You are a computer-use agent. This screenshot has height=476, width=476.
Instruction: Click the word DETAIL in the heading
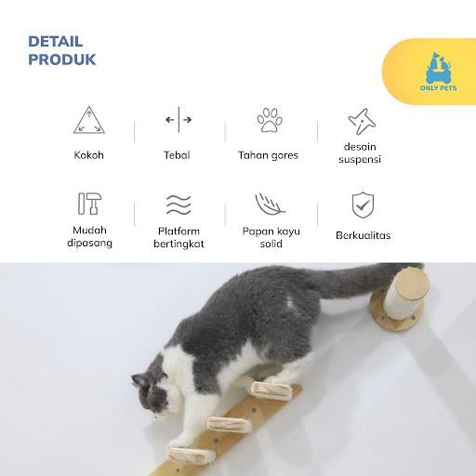pyautogui.click(x=56, y=42)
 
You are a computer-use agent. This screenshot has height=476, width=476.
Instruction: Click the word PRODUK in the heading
pyautogui.click(x=62, y=59)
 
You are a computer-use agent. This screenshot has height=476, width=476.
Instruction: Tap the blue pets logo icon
pyautogui.click(x=439, y=68)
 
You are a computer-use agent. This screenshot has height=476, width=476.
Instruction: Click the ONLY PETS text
pyautogui.click(x=439, y=88)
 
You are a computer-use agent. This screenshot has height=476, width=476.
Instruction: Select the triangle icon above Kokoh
pyautogui.click(x=89, y=120)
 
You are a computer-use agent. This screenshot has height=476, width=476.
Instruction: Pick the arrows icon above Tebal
pyautogui.click(x=178, y=120)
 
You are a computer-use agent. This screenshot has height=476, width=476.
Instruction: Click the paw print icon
pyautogui.click(x=270, y=120)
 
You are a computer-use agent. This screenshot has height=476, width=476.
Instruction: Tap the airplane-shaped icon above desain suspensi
pyautogui.click(x=362, y=121)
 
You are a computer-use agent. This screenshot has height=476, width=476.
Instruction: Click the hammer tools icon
pyautogui.click(x=89, y=204)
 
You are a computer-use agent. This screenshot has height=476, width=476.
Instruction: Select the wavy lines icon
pyautogui.click(x=178, y=205)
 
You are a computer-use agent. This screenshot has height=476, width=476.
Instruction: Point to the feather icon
pyautogui.click(x=270, y=205)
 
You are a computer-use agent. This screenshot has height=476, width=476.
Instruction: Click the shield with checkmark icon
pyautogui.click(x=363, y=205)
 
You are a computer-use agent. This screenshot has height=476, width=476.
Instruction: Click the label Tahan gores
pyautogui.click(x=268, y=155)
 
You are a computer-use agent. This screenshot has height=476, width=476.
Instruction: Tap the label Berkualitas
pyautogui.click(x=364, y=235)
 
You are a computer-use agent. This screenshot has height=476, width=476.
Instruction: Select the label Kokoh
pyautogui.click(x=89, y=155)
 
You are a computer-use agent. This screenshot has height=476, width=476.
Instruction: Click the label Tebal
pyautogui.click(x=177, y=155)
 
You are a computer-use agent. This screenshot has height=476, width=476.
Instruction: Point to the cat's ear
pyautogui.click(x=139, y=380)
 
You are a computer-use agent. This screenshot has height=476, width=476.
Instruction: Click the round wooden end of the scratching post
pyautogui.click(x=412, y=284)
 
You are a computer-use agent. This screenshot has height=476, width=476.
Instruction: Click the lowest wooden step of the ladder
pyautogui.click(x=188, y=456)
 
